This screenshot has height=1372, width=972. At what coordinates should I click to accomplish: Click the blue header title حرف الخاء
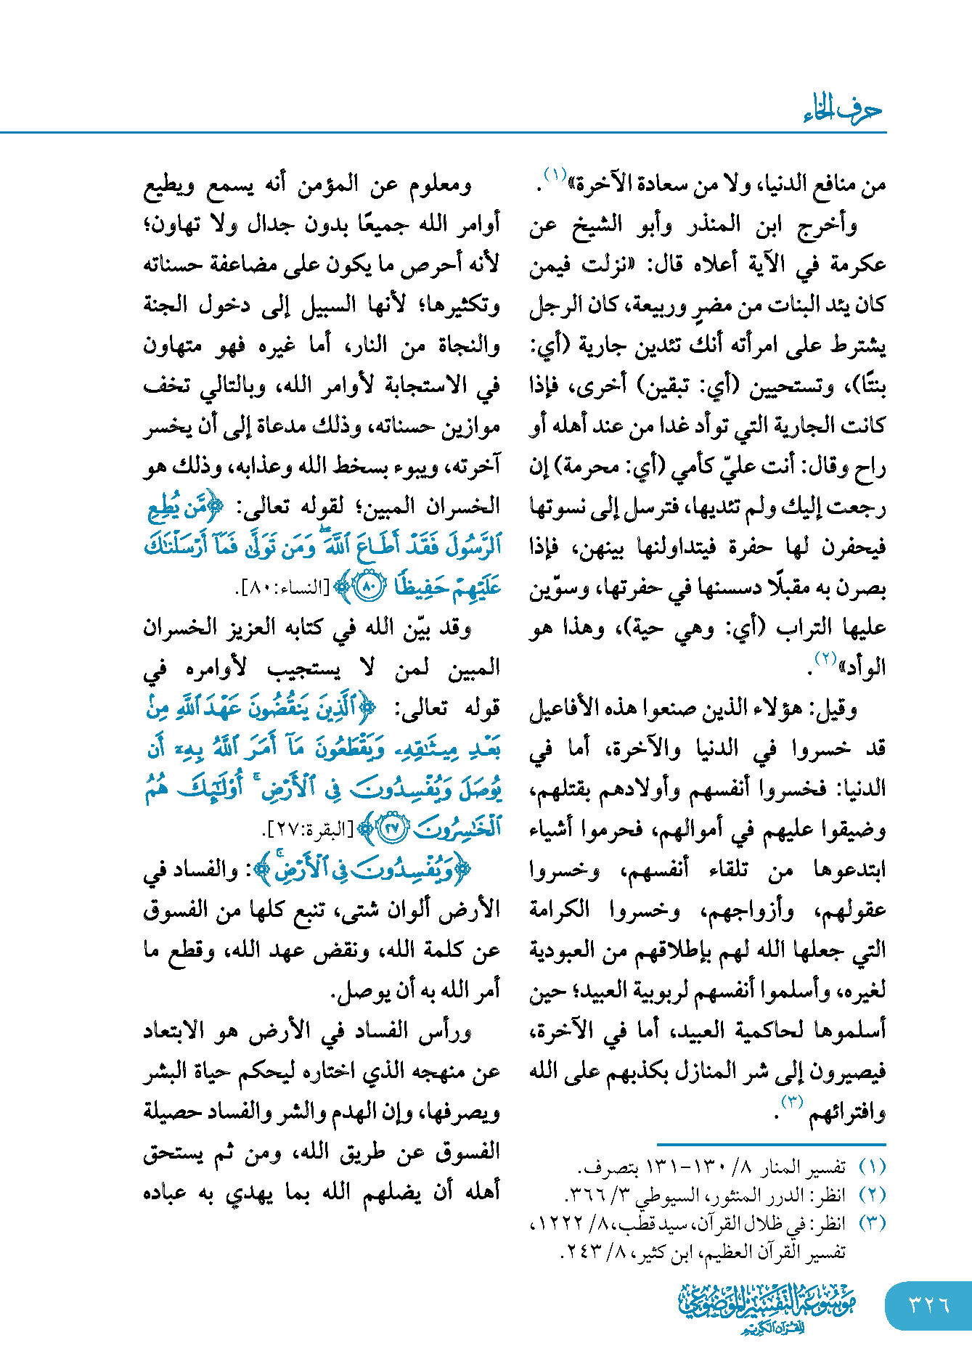(842, 110)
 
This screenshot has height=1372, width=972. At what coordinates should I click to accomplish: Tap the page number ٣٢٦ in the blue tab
(928, 1304)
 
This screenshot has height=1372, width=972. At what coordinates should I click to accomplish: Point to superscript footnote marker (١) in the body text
(555, 175)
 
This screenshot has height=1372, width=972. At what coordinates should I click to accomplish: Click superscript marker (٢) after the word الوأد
(825, 658)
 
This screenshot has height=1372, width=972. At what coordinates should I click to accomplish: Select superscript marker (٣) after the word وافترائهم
(791, 1101)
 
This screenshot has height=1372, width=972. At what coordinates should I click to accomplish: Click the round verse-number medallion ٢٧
(393, 828)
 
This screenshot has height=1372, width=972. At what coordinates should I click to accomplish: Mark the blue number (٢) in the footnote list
(871, 1195)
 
